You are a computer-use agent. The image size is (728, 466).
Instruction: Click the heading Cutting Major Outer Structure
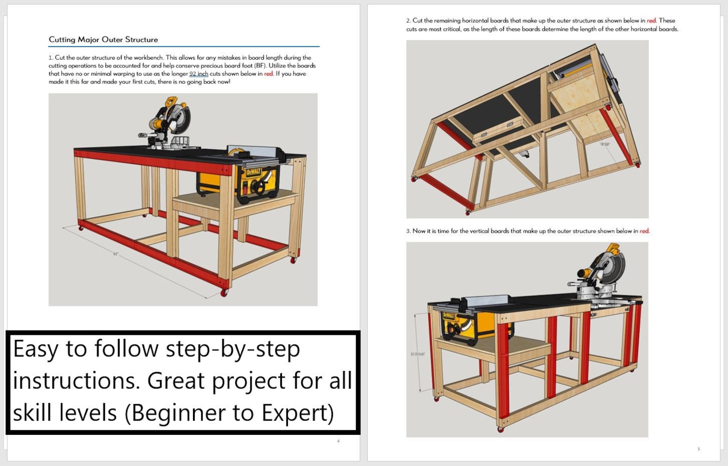[103, 39]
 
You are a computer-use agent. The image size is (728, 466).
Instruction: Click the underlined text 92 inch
[199, 74]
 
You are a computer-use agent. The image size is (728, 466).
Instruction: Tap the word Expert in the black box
[297, 413]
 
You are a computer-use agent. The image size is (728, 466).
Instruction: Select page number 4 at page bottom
[338, 441]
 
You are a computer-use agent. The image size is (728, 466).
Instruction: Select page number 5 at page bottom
[699, 449]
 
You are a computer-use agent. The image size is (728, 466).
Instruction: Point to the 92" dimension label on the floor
[116, 254]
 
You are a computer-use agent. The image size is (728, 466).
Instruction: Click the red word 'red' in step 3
[644, 231]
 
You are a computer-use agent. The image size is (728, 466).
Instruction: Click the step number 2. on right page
[408, 21]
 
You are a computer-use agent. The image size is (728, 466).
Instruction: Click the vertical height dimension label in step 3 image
[417, 354]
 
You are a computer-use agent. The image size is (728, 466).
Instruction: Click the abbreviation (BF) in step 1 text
[260, 66]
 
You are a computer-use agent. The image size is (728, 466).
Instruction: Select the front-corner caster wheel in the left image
[224, 293]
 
